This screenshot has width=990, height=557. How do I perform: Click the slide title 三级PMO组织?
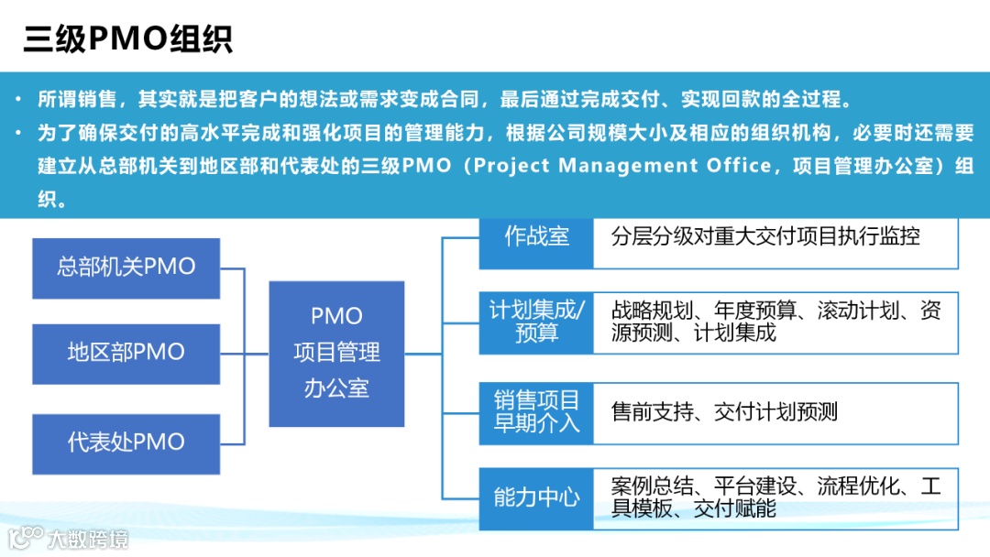click(x=127, y=38)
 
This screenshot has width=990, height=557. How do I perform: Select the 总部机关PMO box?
click(x=126, y=268)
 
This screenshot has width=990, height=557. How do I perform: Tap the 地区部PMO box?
click(x=126, y=353)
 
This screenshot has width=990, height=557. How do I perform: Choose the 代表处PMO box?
click(x=126, y=442)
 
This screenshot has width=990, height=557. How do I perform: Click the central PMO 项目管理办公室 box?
click(x=336, y=353)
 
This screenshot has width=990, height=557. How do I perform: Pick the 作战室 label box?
click(x=536, y=236)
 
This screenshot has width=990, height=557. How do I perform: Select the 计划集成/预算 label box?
click(x=536, y=322)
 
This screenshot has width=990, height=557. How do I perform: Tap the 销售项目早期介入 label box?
click(x=536, y=412)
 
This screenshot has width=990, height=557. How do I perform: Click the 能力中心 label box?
click(x=536, y=497)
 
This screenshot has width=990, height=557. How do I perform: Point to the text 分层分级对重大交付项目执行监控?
click(x=765, y=236)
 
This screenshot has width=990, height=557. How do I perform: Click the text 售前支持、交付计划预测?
click(x=724, y=412)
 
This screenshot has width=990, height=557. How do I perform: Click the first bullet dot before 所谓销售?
click(x=19, y=99)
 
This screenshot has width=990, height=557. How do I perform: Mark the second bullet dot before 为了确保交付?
click(x=19, y=133)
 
